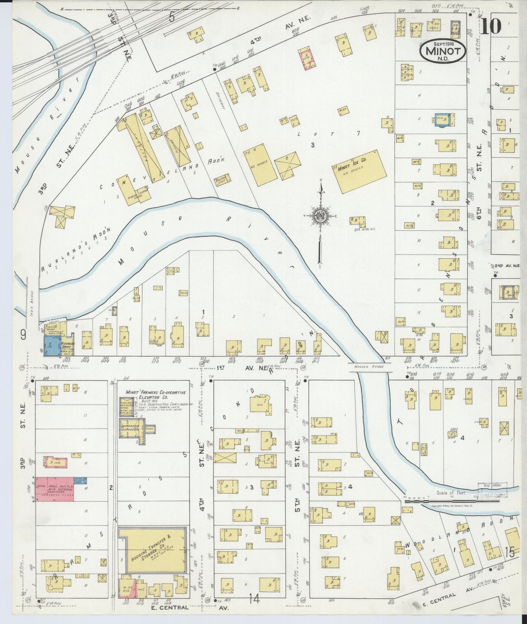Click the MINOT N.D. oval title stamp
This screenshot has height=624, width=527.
[442, 51]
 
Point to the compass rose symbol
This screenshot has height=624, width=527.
[320, 216]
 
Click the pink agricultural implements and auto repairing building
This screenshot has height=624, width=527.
[55, 489]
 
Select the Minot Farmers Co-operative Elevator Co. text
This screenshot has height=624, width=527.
[155, 395]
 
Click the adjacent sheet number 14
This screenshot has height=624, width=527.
[254, 598]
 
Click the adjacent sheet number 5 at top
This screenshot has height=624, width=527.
[172, 17]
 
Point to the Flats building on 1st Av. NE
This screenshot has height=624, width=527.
[260, 404]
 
